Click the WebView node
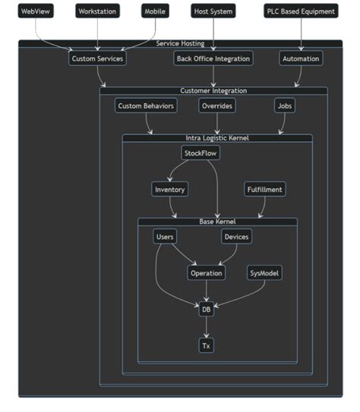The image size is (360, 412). pyautogui.click(x=36, y=11)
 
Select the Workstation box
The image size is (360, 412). pyautogui.click(x=97, y=11)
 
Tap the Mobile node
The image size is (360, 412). pyautogui.click(x=156, y=11)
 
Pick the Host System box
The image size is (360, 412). pyautogui.click(x=213, y=11)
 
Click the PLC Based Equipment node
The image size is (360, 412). pyautogui.click(x=301, y=11)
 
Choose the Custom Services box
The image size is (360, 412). pyautogui.click(x=97, y=58)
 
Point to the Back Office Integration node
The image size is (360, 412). pyautogui.click(x=213, y=58)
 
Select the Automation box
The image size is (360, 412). pyautogui.click(x=301, y=58)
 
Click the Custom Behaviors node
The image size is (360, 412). pyautogui.click(x=147, y=106)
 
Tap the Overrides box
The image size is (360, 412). pyautogui.click(x=217, y=106)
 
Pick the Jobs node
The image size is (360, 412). pyautogui.click(x=285, y=106)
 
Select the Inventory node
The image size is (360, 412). pyautogui.click(x=169, y=190)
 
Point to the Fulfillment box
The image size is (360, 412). pyautogui.click(x=265, y=190)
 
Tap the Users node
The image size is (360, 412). pyautogui.click(x=165, y=237)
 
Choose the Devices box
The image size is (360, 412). pyautogui.click(x=236, y=237)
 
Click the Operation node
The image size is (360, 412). pyautogui.click(x=207, y=273)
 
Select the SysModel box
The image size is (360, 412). pyautogui.click(x=265, y=273)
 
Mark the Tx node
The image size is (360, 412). pyautogui.click(x=206, y=346)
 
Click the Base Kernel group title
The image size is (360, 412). pyautogui.click(x=217, y=222)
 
